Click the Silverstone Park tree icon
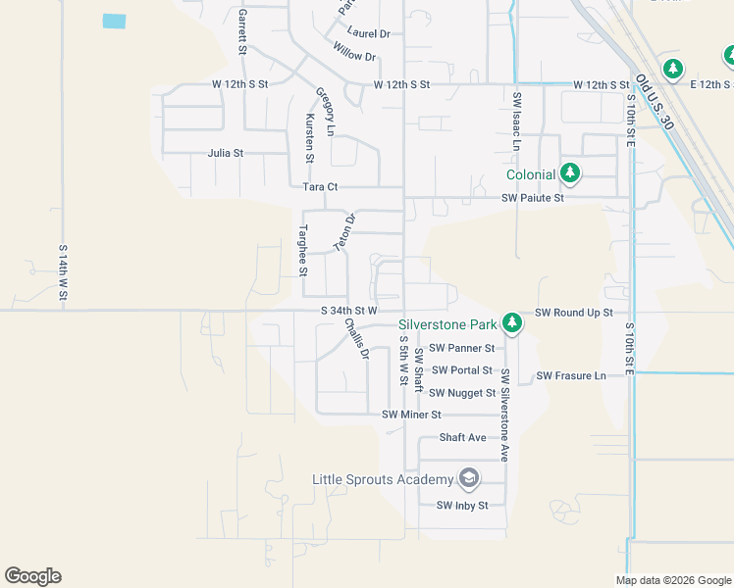[x=511, y=322]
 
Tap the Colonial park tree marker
[x=570, y=174]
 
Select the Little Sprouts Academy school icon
[x=469, y=478]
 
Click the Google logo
[x=32, y=576]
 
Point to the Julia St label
[x=225, y=154]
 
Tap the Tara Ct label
[x=320, y=186]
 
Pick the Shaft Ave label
[x=463, y=437]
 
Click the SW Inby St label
[x=461, y=506]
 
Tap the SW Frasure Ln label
[x=570, y=376]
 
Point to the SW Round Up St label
[x=573, y=313]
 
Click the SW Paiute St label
[x=533, y=198]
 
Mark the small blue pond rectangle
[x=115, y=21]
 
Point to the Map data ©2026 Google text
[x=672, y=580]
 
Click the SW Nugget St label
[x=463, y=393]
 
